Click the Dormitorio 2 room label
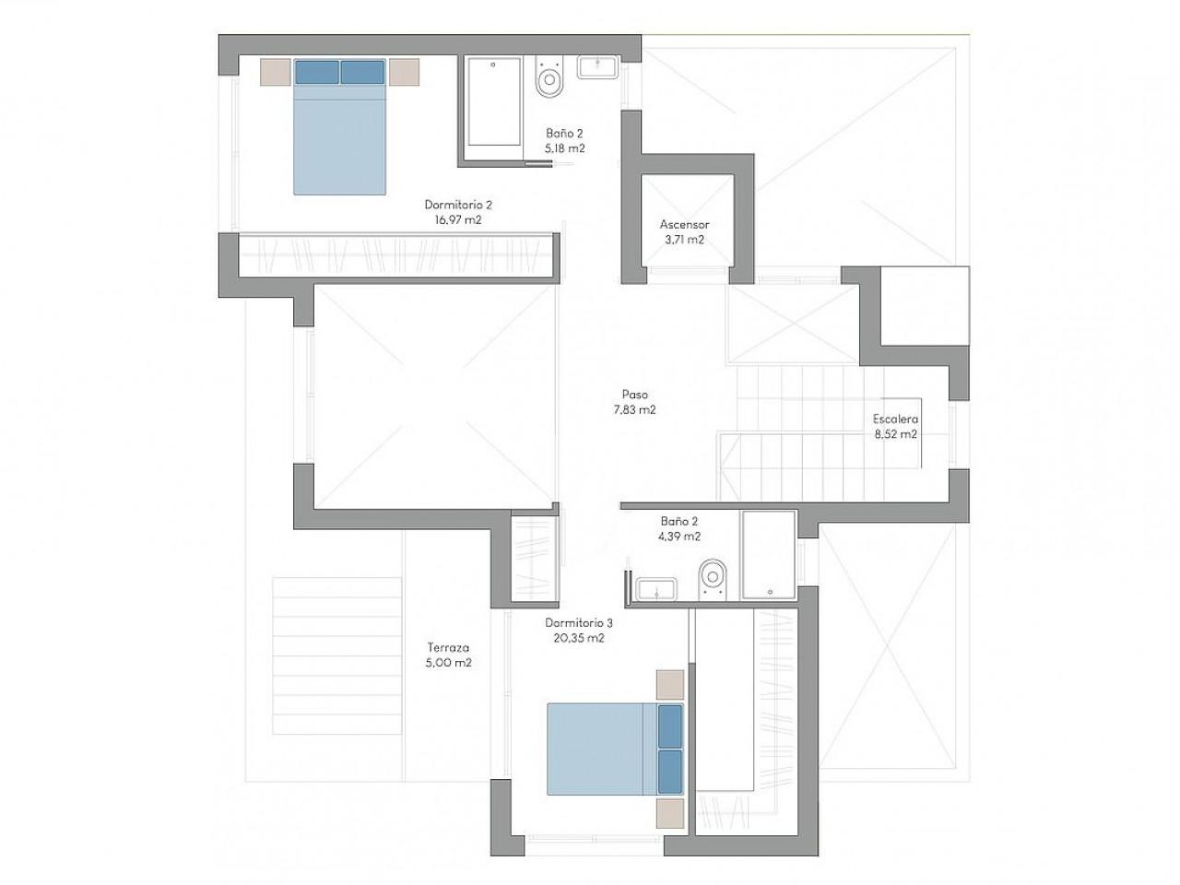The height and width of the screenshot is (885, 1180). [458, 205]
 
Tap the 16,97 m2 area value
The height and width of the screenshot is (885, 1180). [458, 219]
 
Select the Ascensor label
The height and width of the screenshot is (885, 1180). [684, 225]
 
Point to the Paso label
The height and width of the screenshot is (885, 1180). [635, 395]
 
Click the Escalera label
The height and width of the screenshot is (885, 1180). [895, 419]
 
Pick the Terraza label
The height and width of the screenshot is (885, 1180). [448, 647]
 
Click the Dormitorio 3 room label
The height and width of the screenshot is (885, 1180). [578, 623]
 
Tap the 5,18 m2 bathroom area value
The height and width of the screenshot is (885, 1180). [564, 148]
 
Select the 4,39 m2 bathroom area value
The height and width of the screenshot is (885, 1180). [679, 537]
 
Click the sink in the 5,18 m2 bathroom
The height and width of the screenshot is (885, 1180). [597, 67]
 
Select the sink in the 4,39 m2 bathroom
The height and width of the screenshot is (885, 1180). [655, 589]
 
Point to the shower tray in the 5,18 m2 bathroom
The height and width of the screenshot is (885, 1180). [494, 101]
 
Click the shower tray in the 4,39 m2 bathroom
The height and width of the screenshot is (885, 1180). [768, 555]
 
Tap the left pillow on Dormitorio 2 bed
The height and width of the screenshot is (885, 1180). [316, 73]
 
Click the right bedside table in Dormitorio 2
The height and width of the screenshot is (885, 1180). [404, 72]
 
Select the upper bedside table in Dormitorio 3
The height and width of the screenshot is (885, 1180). [670, 685]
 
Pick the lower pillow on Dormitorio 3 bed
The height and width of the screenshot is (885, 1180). [670, 772]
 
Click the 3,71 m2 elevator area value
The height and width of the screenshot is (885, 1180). [684, 240]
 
